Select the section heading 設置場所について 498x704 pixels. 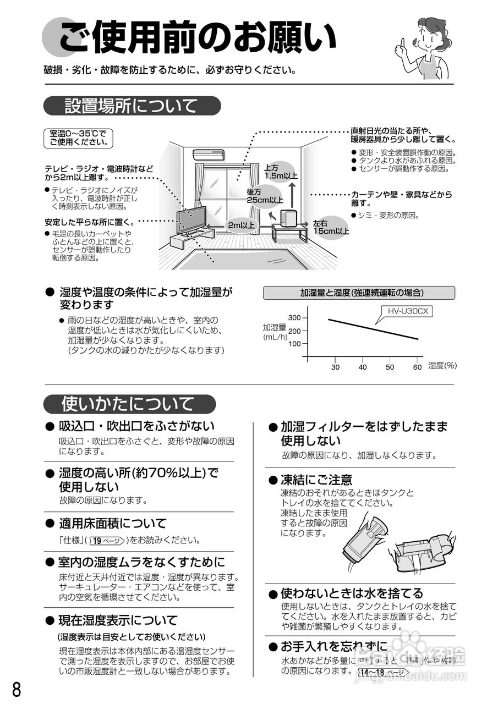[131, 106]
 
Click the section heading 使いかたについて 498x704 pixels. [128, 404]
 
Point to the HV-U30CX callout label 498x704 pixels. [407, 311]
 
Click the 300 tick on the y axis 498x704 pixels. [295, 318]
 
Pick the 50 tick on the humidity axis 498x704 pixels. [390, 367]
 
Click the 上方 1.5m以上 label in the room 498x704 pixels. [281, 172]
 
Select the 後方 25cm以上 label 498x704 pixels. [265, 196]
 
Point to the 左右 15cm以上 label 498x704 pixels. [331, 228]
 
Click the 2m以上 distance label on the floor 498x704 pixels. [241, 226]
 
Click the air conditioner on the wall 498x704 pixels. [209, 155]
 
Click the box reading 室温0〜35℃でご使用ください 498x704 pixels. [78, 138]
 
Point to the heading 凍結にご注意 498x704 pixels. [316, 480]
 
